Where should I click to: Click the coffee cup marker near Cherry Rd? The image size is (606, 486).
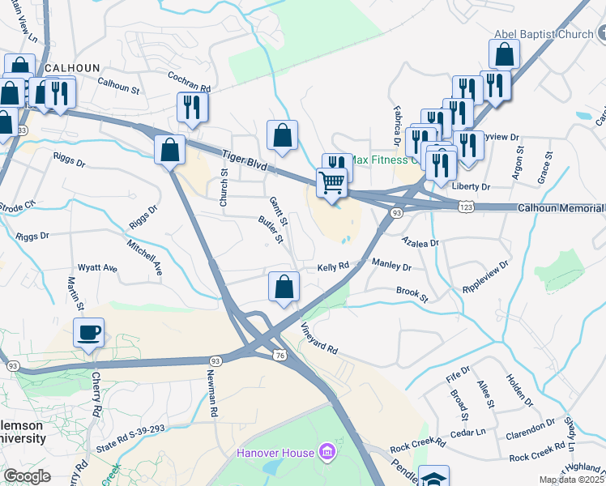tap(88, 332)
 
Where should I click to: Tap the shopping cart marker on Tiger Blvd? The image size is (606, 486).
tap(331, 182)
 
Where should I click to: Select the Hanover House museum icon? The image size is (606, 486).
tap(326, 451)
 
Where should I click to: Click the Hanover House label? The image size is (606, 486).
tap(275, 452)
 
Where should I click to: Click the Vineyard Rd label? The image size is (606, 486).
tap(318, 339)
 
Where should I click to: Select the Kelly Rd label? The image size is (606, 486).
tap(332, 266)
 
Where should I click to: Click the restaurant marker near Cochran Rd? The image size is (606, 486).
tap(192, 107)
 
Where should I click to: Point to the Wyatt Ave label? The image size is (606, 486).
tap(97, 268)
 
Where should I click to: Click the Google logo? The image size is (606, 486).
tap(27, 476)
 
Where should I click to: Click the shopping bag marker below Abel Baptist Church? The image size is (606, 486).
tap(504, 55)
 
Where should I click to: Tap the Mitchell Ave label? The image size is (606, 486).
tap(144, 256)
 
